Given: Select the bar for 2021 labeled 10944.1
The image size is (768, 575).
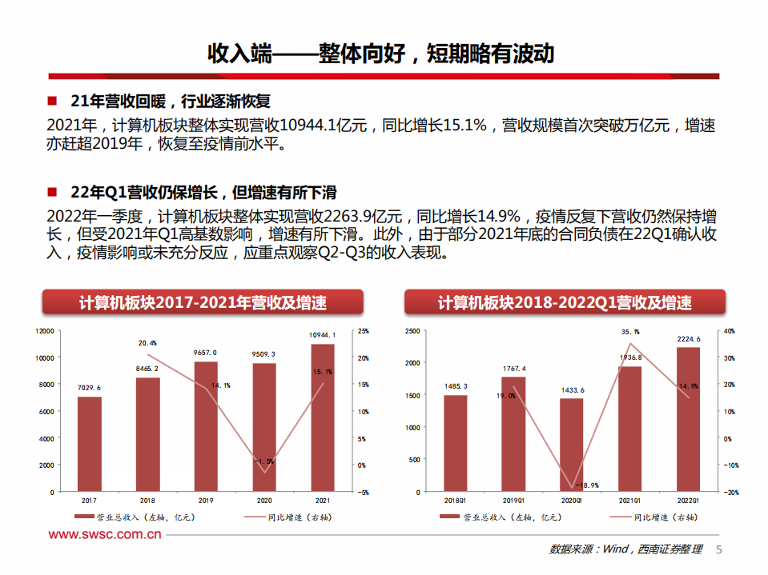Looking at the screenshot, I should (x=323, y=417).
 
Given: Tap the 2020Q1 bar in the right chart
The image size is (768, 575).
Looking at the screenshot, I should (x=572, y=445).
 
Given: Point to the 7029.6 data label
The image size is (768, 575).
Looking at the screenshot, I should (x=90, y=388).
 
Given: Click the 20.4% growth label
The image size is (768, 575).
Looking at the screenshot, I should (x=147, y=343).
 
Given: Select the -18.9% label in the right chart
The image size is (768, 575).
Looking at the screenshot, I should (x=589, y=485).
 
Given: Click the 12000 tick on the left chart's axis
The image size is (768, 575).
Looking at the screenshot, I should (x=45, y=330).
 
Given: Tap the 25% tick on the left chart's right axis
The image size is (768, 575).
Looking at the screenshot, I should (x=364, y=330).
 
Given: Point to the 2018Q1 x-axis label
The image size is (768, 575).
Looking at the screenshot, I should (x=455, y=500).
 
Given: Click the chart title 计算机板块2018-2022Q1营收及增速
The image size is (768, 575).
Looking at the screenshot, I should (x=565, y=303).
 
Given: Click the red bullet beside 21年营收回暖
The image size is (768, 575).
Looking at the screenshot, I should (x=52, y=102).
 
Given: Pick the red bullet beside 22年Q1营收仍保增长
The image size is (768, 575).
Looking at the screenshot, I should (x=52, y=193).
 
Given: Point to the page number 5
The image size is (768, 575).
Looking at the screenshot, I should (x=718, y=549).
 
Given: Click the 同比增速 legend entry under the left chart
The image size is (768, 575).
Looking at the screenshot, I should (x=291, y=517).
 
